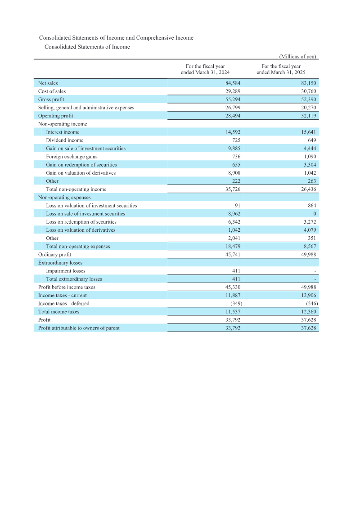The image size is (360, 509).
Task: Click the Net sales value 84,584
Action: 233,83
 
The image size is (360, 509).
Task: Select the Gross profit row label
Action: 51,99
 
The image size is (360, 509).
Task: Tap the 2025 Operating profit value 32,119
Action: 309,116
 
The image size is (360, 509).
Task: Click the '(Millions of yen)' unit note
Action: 298,56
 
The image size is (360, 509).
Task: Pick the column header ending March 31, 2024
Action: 205,69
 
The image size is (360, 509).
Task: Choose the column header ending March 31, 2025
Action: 281,69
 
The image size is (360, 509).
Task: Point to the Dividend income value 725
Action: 235,140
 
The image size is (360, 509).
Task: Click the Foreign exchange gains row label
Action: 72,157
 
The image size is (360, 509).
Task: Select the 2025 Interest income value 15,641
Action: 309,132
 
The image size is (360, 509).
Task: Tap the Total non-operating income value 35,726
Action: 233,189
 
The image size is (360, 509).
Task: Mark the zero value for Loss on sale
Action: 315,214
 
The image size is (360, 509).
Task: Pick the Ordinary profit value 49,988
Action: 309,255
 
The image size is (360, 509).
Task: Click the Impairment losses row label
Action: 66,271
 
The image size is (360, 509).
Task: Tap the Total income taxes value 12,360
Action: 309,312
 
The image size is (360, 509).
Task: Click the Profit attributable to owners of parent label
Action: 79,328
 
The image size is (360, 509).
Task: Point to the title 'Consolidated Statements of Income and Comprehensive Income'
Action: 116,38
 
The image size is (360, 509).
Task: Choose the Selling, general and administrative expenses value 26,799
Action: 233,108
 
